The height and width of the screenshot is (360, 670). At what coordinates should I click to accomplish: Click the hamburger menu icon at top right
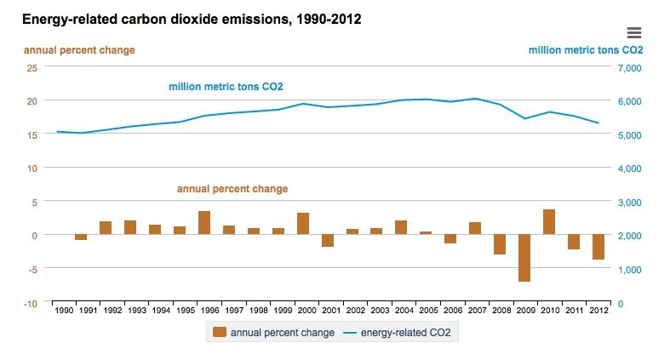[633, 33]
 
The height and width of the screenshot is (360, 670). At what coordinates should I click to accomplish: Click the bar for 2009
[524, 258]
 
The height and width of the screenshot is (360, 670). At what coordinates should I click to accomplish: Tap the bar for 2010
[549, 222]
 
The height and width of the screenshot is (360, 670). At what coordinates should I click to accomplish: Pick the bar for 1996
[204, 223]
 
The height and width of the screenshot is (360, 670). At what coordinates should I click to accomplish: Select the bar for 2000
[302, 224]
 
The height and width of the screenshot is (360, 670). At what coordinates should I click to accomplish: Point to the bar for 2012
[598, 247]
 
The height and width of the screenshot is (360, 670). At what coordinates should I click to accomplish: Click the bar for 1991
[81, 237]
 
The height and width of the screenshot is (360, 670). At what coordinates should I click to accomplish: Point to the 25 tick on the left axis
[32, 67]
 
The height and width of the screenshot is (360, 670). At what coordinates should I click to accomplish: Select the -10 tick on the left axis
[31, 303]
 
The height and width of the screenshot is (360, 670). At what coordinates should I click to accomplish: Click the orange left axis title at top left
[78, 50]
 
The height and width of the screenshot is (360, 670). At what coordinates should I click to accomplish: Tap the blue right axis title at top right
[585, 50]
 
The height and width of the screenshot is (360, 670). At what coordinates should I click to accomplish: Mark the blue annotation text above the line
[226, 87]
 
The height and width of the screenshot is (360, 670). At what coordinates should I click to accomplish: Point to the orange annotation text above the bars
[232, 189]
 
